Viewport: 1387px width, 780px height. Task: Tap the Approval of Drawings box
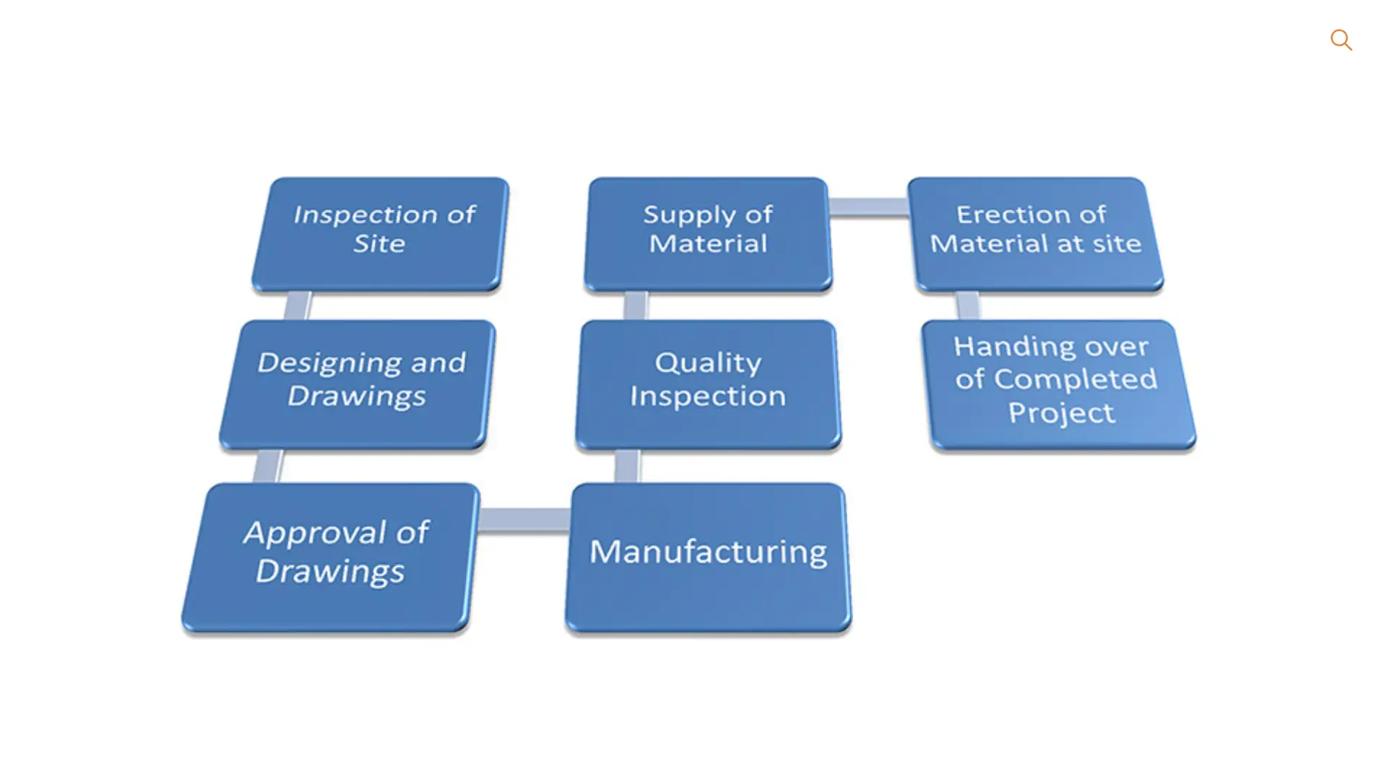[x=331, y=557]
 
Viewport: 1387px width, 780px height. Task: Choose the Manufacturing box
[x=708, y=557]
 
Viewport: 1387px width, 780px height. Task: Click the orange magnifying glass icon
[x=1341, y=40]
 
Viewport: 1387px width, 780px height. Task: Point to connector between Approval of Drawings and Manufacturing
[x=524, y=519]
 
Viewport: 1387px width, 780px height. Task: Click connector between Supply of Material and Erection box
[x=868, y=207]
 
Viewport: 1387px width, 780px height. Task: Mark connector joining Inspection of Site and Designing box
[x=298, y=305]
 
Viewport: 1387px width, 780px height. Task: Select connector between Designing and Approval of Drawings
[x=268, y=466]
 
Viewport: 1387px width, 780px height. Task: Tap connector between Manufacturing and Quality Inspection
[x=627, y=466]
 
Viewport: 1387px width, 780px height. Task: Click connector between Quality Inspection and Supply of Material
[x=636, y=305]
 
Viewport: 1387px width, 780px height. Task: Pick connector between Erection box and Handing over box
[x=968, y=305]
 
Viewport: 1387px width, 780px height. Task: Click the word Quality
[x=708, y=363]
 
